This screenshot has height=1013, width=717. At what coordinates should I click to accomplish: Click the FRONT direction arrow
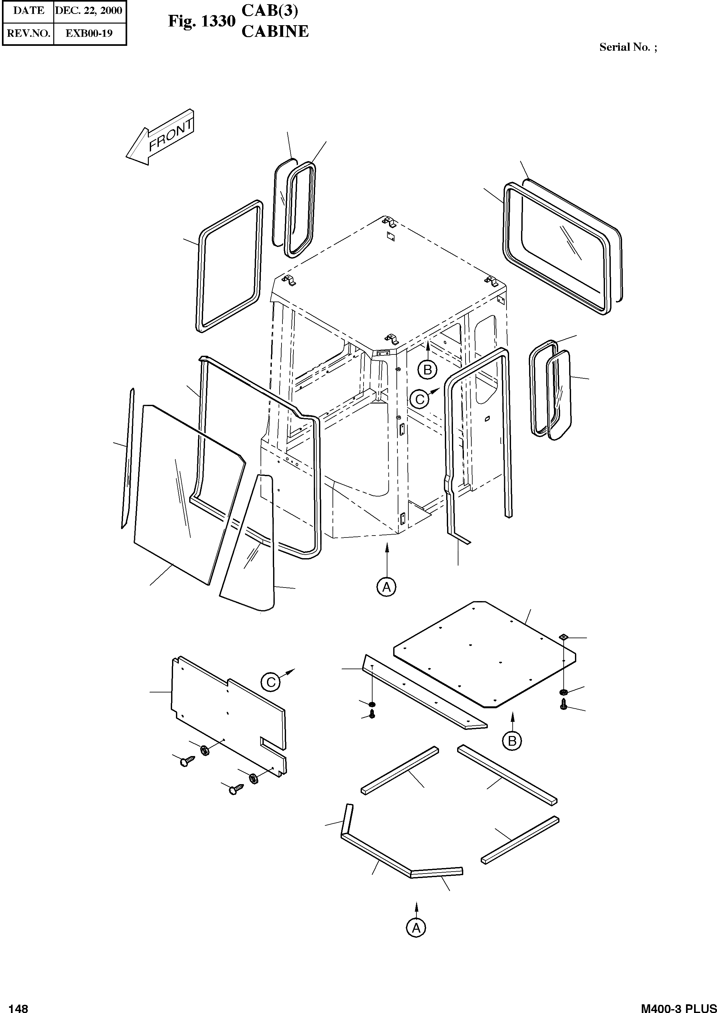tap(160, 138)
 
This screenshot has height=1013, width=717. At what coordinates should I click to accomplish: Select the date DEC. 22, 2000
tap(89, 10)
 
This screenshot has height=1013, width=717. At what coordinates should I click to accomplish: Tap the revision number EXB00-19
tap(89, 34)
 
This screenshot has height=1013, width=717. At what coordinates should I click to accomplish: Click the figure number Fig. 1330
tap(201, 21)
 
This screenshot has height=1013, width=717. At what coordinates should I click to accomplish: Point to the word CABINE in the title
tap(275, 32)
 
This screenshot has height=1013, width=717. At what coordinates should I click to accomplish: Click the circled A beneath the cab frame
tap(386, 587)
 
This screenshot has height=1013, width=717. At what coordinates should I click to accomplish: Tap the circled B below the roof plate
tap(512, 740)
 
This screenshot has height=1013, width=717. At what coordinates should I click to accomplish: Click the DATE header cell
tap(28, 10)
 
